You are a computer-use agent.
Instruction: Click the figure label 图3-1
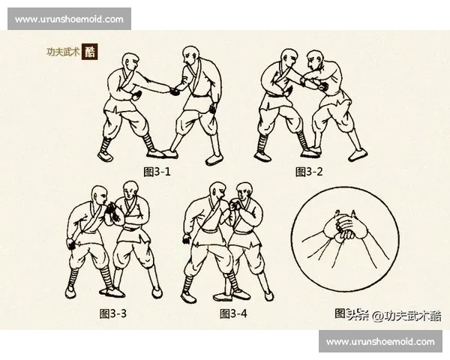coord(157,172)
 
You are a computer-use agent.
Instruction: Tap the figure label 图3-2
coord(310,172)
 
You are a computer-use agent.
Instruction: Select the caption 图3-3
coord(113,313)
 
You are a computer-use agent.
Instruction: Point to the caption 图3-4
coord(233,313)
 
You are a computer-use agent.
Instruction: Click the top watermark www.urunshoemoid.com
coord(69,19)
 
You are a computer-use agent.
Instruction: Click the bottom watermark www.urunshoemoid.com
coord(381,341)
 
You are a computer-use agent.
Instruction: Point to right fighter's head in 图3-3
coord(132,193)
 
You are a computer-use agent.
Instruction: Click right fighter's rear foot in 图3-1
coord(214,160)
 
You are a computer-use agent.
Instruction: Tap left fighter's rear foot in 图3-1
coord(105,156)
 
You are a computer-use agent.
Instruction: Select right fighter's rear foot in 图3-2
coord(357,154)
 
